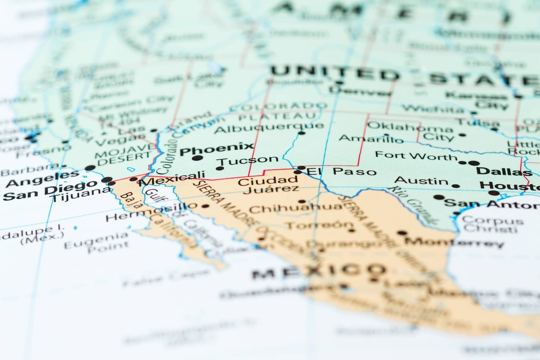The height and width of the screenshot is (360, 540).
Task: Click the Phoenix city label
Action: point(216,148)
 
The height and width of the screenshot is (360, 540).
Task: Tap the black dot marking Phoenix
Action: point(197,158)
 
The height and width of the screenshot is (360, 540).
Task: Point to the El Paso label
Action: point(342,171)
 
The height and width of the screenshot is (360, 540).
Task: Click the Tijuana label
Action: point(81,195)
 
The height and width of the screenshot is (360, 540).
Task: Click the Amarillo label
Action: point(371,139)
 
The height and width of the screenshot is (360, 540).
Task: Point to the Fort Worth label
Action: point(416,156)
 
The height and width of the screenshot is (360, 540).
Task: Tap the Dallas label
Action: point(504,171)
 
